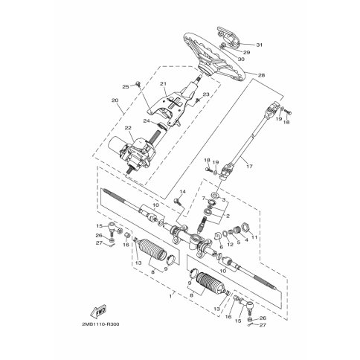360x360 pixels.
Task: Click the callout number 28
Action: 260,76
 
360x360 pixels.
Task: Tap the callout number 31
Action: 259,45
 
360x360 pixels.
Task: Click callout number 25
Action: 126,87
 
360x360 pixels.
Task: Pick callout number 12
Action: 232,244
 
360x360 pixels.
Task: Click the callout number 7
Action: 201,199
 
